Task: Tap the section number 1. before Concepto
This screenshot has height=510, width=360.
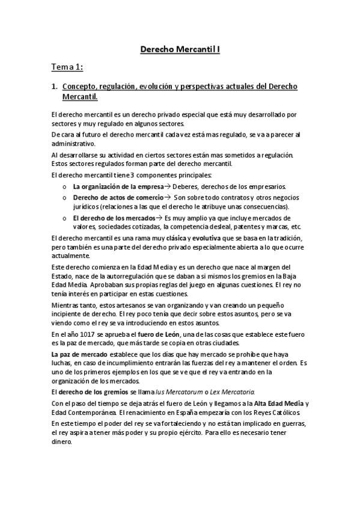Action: (53, 87)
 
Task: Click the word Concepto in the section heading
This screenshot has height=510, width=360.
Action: (81, 87)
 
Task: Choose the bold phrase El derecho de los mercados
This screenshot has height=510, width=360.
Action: (106, 218)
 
